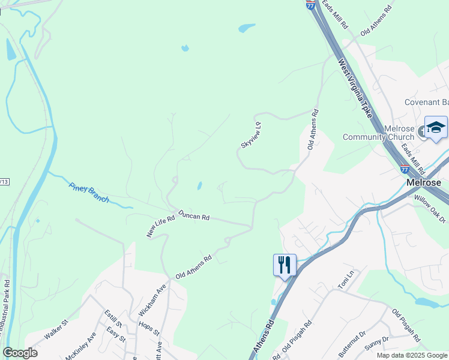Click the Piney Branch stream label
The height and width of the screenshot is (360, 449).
coord(89,192)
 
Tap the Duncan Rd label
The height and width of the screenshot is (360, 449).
coord(193,215)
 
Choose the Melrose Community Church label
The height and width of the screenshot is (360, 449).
coord(378,133)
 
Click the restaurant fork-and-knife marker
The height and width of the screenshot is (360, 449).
coord(285,264)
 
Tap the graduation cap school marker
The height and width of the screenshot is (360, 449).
coord(436,128)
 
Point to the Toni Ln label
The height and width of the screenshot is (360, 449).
coord(346,281)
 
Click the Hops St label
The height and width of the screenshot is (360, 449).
coord(148,328)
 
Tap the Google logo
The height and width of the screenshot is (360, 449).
coord(20,353)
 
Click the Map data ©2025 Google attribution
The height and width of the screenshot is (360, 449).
coord(411,355)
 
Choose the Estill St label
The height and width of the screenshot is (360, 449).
coord(113,318)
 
